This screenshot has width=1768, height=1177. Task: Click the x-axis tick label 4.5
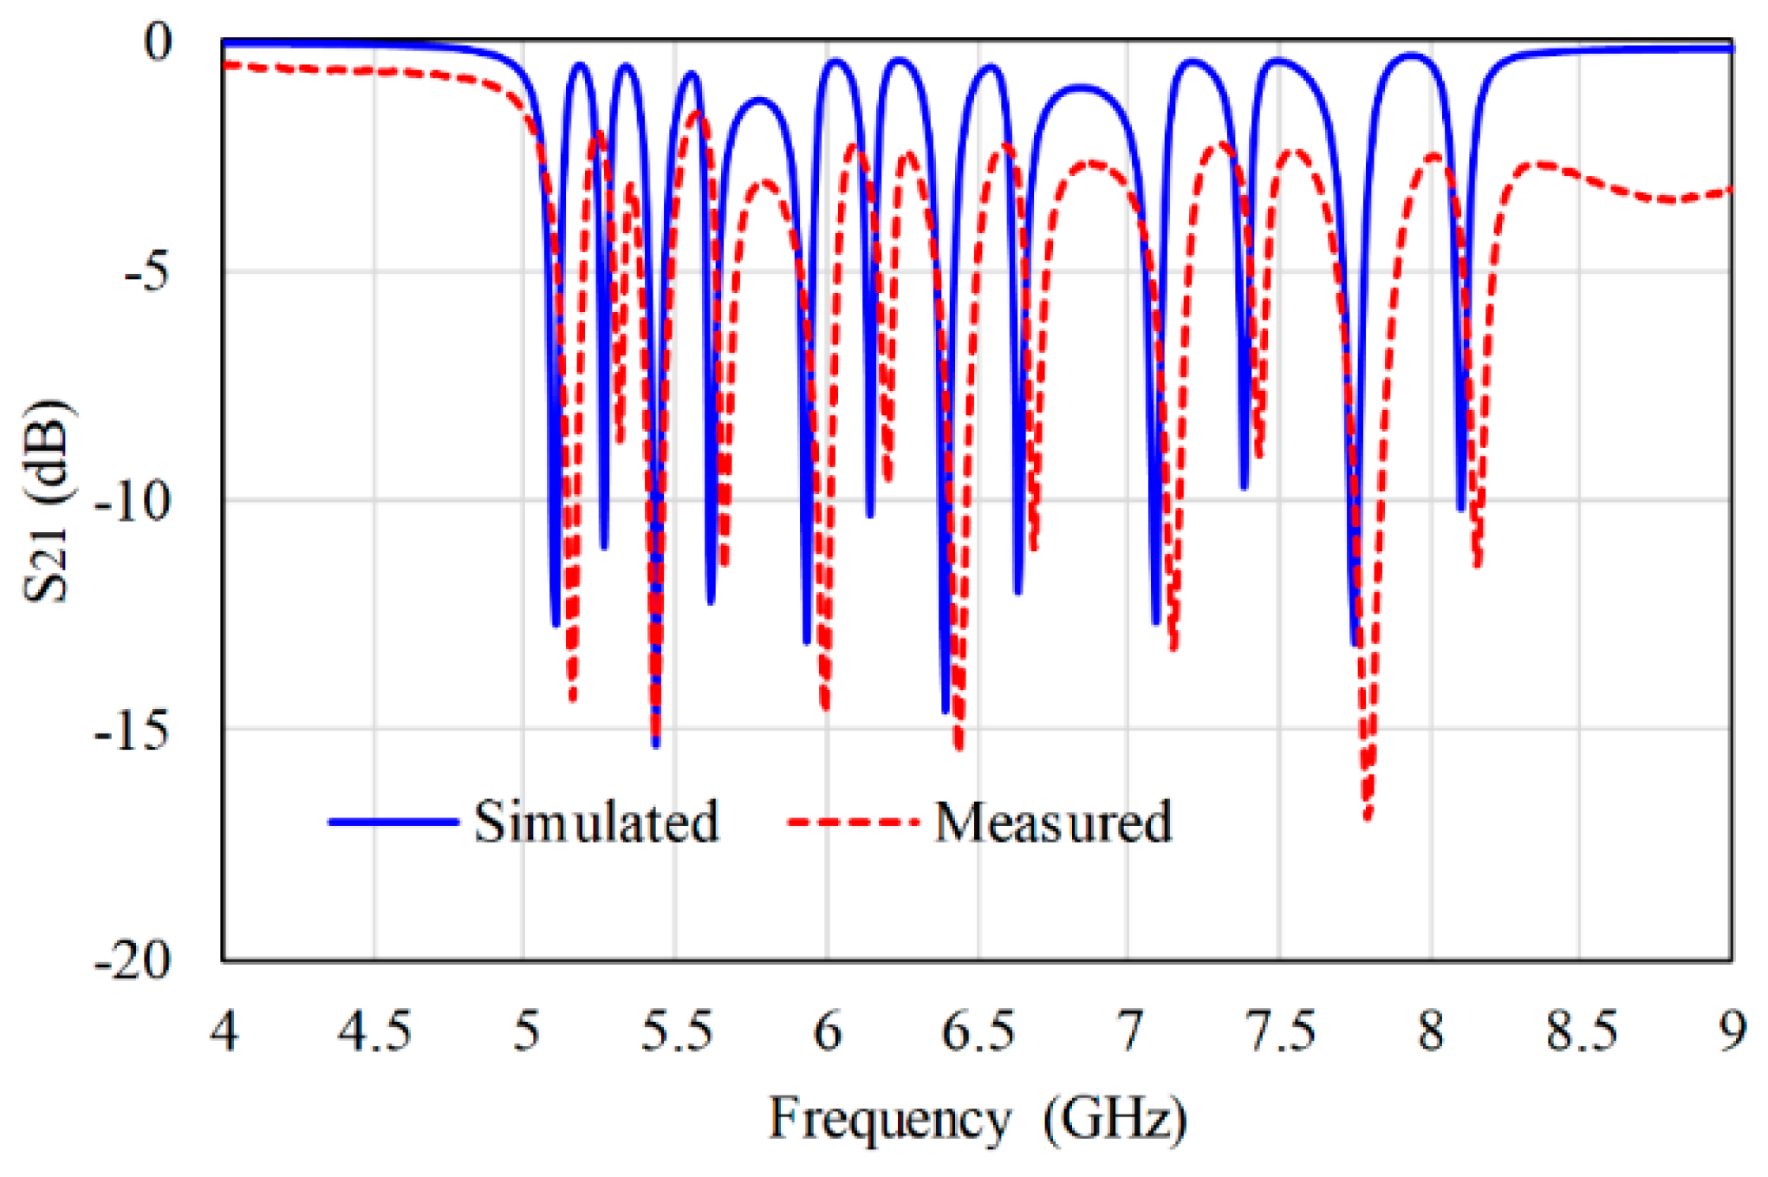tap(374, 1032)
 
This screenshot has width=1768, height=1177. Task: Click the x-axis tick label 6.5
tap(978, 1032)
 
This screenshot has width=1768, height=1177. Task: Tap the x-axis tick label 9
tap(1732, 1032)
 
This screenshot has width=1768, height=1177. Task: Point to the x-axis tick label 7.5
tap(1280, 1032)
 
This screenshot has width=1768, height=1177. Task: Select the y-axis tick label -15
tap(133, 731)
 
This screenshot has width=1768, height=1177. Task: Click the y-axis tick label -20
tap(133, 960)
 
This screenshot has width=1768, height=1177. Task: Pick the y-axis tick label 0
tap(158, 41)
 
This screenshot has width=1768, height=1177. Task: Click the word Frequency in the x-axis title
tap(890, 1118)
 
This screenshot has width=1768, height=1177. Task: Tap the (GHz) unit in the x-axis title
tap(1115, 1118)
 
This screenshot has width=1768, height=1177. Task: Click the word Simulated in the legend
tap(596, 822)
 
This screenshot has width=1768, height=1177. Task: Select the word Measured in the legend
tap(1053, 822)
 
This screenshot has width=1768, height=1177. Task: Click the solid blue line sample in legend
tap(393, 822)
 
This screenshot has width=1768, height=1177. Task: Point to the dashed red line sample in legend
tap(853, 822)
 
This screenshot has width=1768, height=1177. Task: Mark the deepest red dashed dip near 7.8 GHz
tap(1368, 816)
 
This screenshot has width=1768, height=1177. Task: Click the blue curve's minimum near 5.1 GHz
tap(556, 623)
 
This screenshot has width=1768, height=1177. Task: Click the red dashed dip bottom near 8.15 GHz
tap(1478, 565)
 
